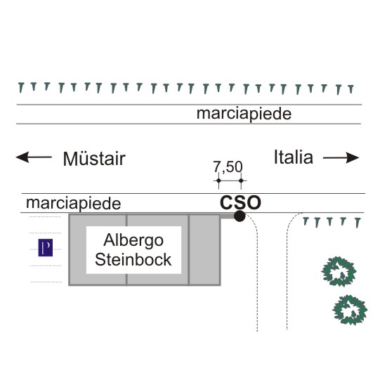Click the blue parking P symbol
46,247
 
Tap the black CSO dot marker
240,216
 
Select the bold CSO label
240,202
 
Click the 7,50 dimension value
228,167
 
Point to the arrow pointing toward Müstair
34,157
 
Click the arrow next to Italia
341,158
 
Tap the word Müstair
94,159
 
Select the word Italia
294,157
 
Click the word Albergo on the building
133,240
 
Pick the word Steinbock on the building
133,259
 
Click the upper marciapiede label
244,114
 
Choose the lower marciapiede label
74,204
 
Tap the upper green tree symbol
339,272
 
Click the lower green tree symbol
350,310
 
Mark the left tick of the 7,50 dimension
218,181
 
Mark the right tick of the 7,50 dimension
241,181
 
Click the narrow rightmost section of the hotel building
204,250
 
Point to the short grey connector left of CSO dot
227,216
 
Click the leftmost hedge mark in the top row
21,88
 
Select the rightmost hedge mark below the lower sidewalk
358,223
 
